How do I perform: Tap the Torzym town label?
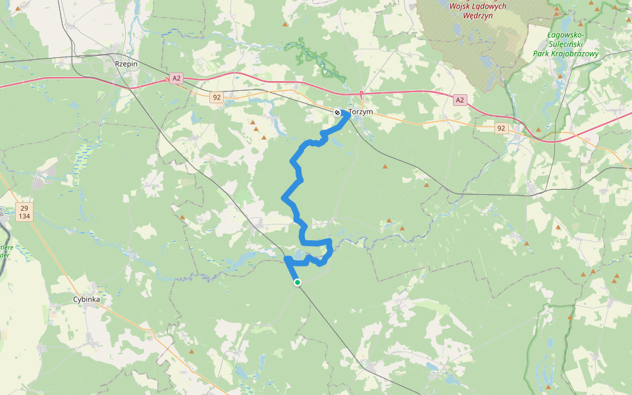tap(361, 112)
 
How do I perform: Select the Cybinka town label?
tap(86, 299)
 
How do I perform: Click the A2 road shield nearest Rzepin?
tap(175, 78)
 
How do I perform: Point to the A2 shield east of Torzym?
tap(460, 100)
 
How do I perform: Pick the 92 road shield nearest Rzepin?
tap(216, 97)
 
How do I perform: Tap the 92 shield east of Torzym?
tap(502, 128)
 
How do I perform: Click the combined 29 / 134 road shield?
tap(24, 212)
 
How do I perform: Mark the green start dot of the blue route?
tap(298, 282)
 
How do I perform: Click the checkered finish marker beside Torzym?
tap(337, 113)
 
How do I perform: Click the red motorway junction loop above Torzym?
tap(361, 94)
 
